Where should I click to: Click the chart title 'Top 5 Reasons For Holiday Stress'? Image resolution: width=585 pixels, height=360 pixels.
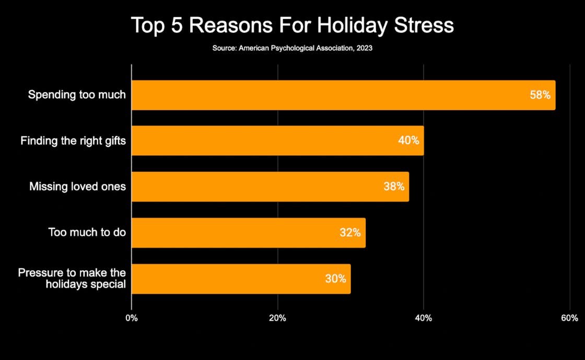[x=292, y=25]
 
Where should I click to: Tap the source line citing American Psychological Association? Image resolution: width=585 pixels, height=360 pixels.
[x=292, y=48]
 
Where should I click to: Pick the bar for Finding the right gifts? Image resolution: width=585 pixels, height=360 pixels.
[x=261, y=141]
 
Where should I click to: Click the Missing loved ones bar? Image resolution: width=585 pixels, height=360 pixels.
[x=251, y=187]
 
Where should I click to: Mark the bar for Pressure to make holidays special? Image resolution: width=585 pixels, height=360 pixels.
[x=225, y=278]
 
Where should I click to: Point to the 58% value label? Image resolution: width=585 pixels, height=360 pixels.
[x=540, y=95]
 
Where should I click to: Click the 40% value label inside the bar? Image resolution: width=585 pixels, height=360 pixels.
[x=408, y=141]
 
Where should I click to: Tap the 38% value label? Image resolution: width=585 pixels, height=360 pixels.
[x=394, y=187]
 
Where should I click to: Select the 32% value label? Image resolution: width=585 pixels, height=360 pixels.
[x=350, y=233]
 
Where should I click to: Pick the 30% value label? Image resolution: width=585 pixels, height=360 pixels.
[x=335, y=278]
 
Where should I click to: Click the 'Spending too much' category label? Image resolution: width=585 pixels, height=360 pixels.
[x=77, y=95]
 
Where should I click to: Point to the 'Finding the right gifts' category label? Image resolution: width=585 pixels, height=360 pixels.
[x=73, y=141]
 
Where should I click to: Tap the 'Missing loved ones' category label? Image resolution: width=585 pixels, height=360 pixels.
[x=77, y=187]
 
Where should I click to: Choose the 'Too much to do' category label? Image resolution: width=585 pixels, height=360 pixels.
[x=87, y=233]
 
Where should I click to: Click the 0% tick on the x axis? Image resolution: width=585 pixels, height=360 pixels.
[x=132, y=318]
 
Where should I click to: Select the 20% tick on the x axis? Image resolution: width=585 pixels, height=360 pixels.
[x=277, y=318]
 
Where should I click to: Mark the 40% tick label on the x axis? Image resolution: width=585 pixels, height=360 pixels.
[x=423, y=318]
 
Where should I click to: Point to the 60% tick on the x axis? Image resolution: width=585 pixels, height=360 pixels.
[x=569, y=318]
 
